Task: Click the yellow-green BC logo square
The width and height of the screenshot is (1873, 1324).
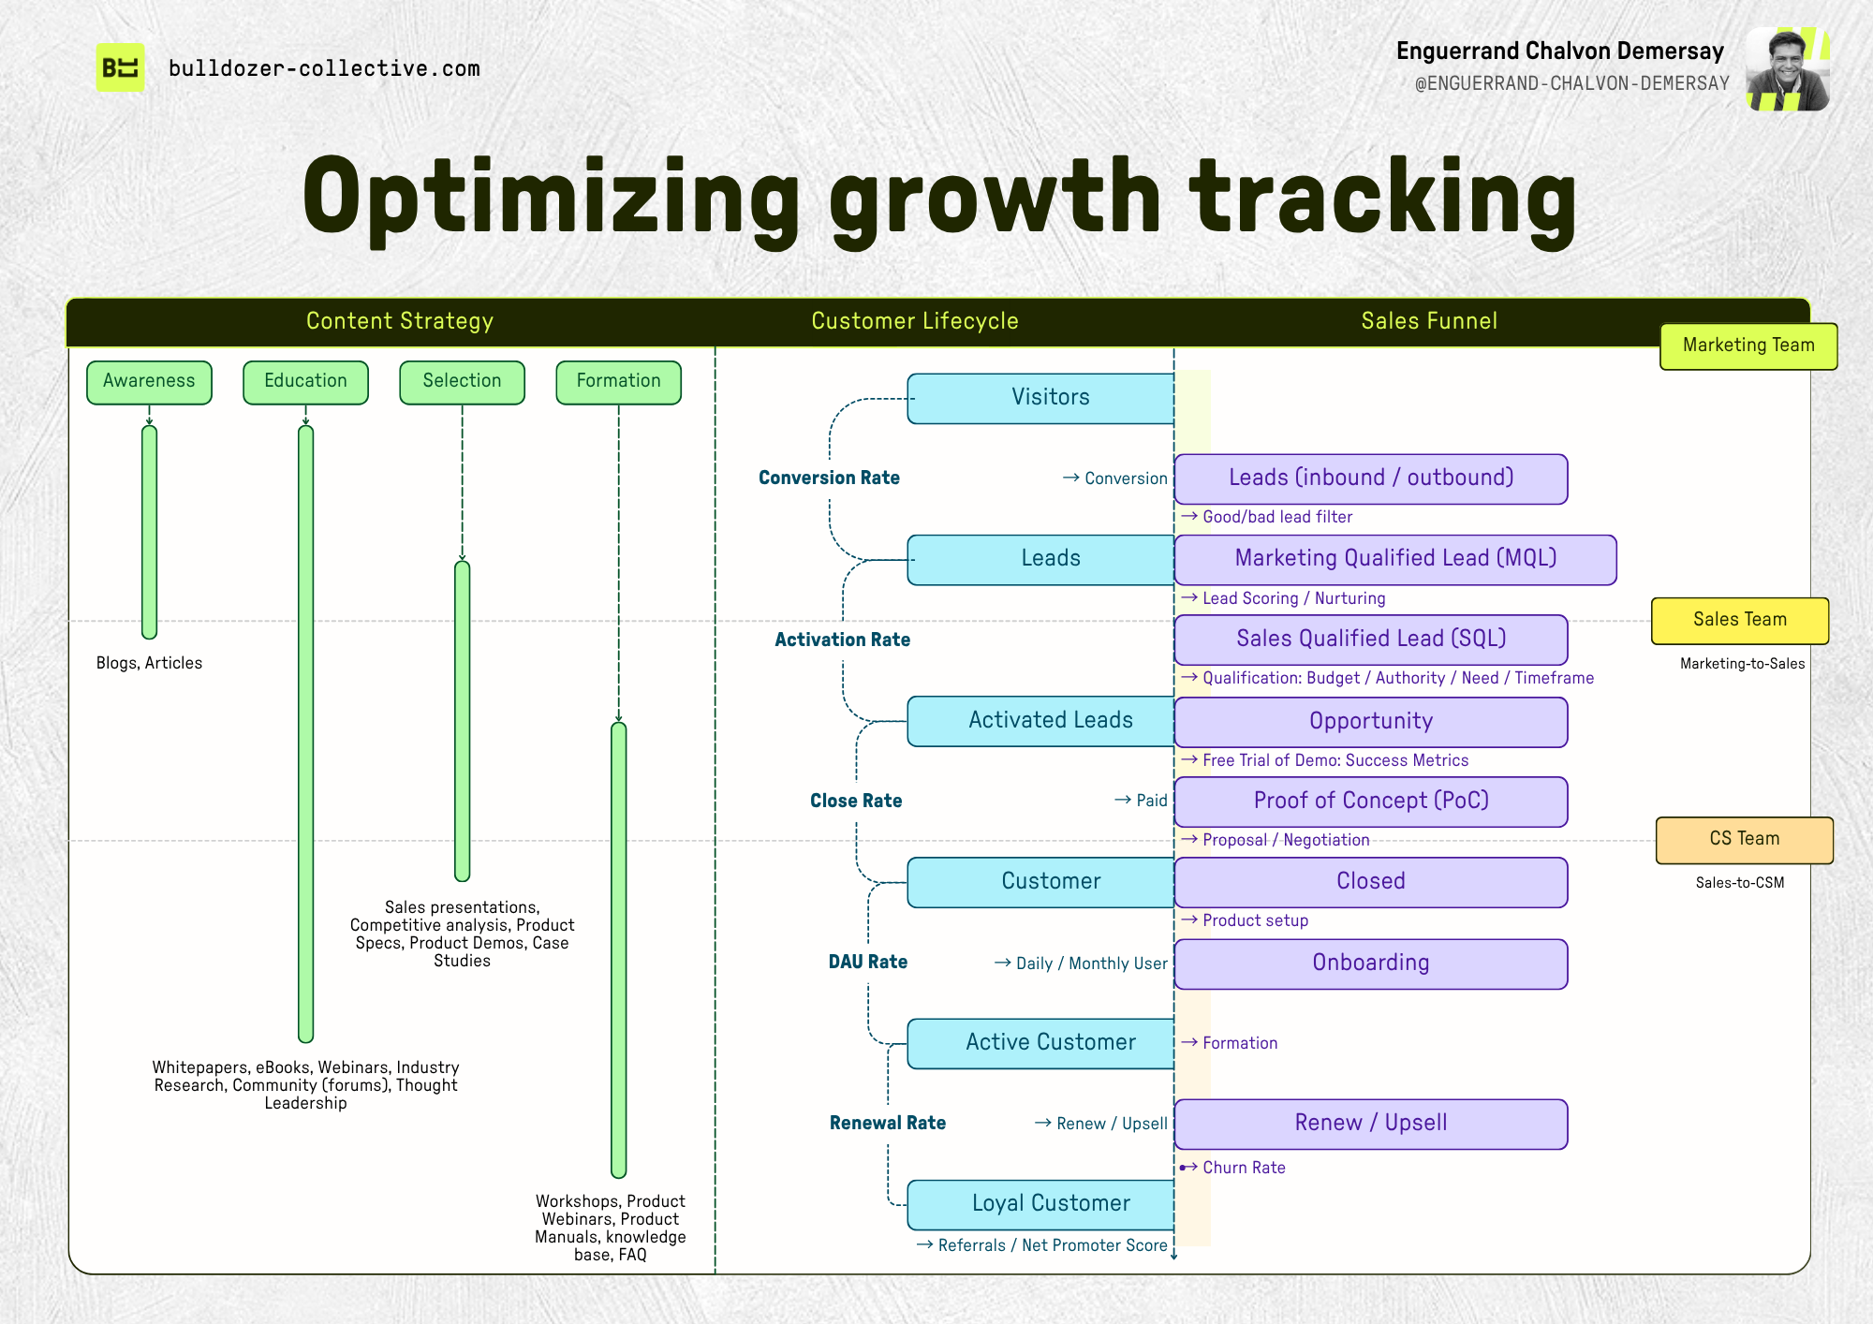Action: tap(121, 67)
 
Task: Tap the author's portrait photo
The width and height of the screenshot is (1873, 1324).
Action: tap(1788, 69)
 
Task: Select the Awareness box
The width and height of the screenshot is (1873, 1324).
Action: tap(149, 382)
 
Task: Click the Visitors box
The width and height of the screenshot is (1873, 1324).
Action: tap(1040, 398)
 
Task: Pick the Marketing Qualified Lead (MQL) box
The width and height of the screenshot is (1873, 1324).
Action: tap(1395, 560)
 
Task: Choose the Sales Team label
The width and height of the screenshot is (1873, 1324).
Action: tap(1740, 621)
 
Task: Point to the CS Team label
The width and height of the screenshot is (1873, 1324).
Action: tap(1745, 840)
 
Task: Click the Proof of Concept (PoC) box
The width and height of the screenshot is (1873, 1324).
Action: tap(1371, 802)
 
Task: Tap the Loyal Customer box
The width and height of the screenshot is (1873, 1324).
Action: tap(1040, 1204)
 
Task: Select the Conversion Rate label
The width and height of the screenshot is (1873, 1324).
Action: tap(829, 478)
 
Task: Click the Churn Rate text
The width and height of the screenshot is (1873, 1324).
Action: tap(1244, 1168)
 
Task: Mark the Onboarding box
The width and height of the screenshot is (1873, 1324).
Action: tap(1371, 964)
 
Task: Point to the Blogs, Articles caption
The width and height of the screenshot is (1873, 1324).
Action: tap(149, 663)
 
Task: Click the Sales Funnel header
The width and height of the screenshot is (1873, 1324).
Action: tap(1429, 321)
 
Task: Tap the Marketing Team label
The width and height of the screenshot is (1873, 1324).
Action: tap(1748, 346)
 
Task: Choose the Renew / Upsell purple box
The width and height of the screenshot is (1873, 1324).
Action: tap(1371, 1124)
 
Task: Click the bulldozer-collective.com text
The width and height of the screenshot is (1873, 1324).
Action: tap(324, 68)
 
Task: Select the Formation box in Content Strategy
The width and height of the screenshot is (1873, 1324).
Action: tap(618, 382)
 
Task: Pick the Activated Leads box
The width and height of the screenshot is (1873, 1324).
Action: tap(1040, 721)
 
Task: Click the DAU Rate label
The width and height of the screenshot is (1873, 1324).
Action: tap(868, 962)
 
